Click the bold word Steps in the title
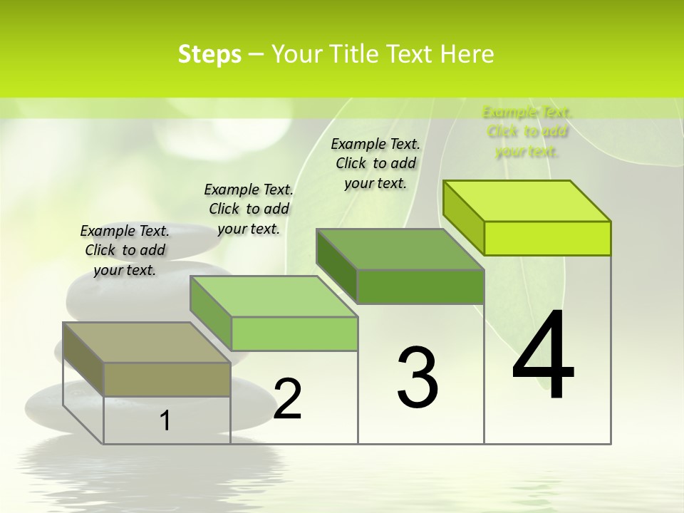pyautogui.click(x=209, y=54)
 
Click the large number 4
pyautogui.click(x=543, y=355)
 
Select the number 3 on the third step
pyautogui.click(x=418, y=377)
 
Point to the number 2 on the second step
pyautogui.click(x=287, y=399)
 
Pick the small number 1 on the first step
pyautogui.click(x=165, y=421)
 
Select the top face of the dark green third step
pyautogui.click(x=400, y=249)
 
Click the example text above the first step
pyautogui.click(x=125, y=250)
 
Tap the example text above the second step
pyautogui.click(x=249, y=209)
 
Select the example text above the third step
pyautogui.click(x=375, y=163)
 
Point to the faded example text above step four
pyautogui.click(x=527, y=131)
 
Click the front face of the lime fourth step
pyautogui.click(x=547, y=238)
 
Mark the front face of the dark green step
pyautogui.click(x=420, y=286)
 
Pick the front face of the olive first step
pyautogui.click(x=167, y=379)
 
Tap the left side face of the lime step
pyautogui.click(x=463, y=217)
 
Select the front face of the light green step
pyautogui.click(x=294, y=333)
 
